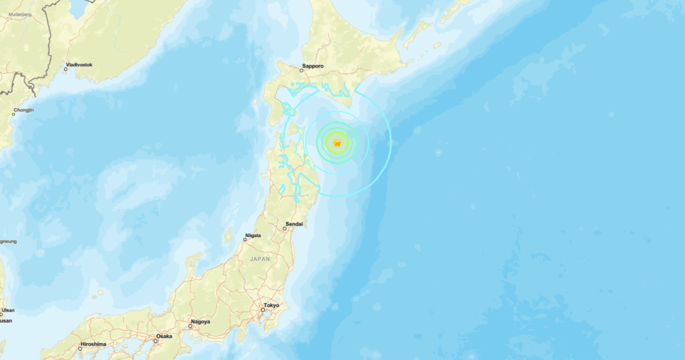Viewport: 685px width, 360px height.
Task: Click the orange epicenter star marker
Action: click(337, 143)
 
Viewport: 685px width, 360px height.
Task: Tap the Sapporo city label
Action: click(313, 66)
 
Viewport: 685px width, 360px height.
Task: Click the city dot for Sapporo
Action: click(303, 71)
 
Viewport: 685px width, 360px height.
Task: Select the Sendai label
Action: click(294, 224)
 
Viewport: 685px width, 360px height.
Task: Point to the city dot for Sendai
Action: click(285, 229)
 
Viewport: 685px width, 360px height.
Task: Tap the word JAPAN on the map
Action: click(260, 259)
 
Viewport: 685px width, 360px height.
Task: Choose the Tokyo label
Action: click(272, 305)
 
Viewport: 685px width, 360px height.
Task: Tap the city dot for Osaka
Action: click(155, 341)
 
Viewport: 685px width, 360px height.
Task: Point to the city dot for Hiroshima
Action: click(80, 348)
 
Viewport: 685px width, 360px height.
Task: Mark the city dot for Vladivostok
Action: click(66, 69)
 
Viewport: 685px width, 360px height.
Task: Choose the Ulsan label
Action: click(8, 311)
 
